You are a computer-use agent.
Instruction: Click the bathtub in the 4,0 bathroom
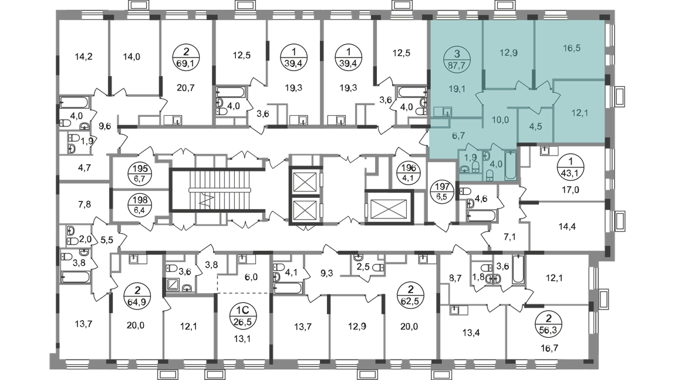[511, 165]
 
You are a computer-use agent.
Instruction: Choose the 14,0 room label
[130, 57]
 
